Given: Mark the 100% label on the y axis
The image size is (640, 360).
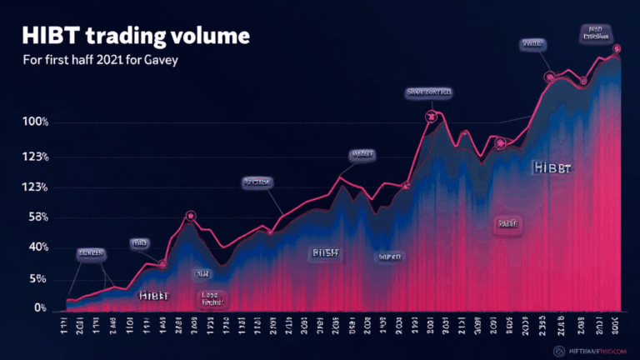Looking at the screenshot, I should [37, 123].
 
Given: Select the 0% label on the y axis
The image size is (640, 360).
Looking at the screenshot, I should [39, 308].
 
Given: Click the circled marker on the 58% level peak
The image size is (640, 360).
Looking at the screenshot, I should [191, 216].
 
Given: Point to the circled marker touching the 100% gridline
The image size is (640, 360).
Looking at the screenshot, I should [431, 117].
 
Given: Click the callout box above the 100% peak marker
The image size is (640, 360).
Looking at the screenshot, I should [429, 91].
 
